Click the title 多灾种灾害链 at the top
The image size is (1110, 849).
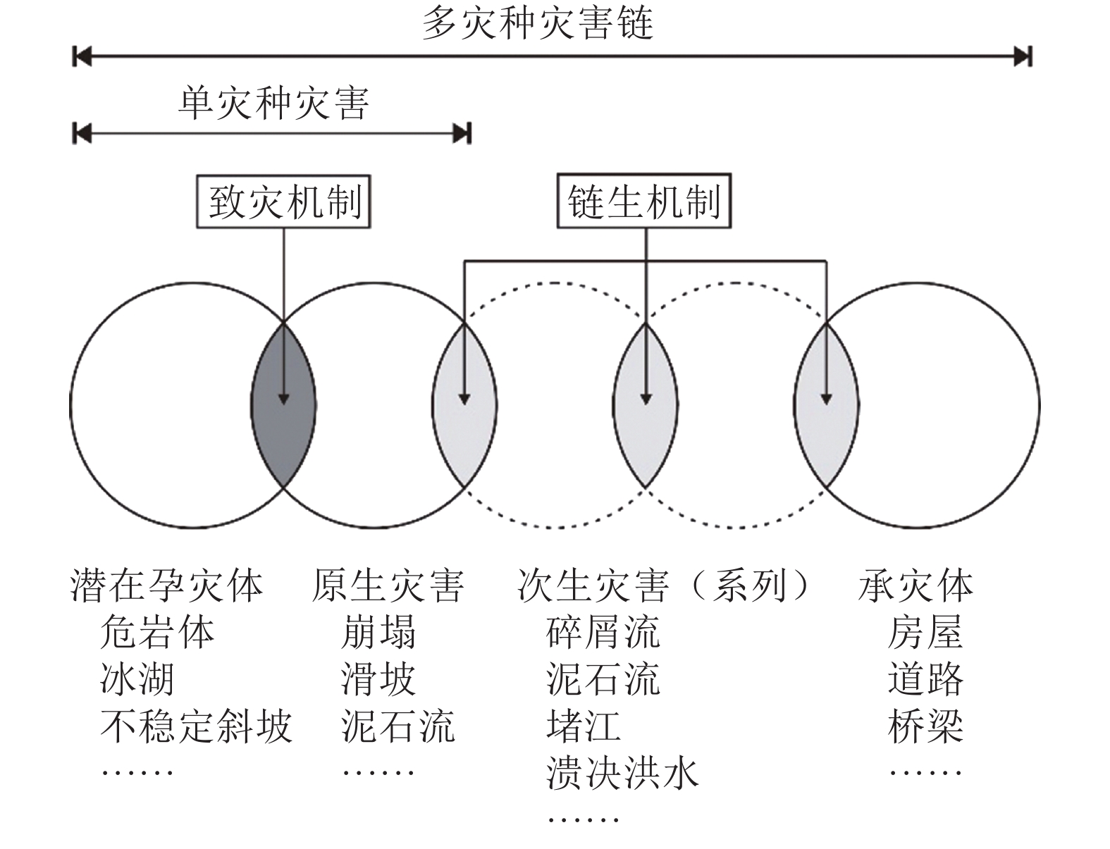tap(538, 23)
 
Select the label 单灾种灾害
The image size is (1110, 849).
tap(273, 104)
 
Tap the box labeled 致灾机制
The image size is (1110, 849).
tap(283, 202)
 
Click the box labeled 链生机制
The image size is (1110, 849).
tap(644, 202)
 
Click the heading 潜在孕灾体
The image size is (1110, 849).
tap(167, 585)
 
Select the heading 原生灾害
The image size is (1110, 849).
tap(388, 585)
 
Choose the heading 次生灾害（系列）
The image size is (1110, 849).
tap(664, 585)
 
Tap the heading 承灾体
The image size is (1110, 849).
tap(915, 585)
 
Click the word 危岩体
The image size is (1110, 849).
tap(157, 632)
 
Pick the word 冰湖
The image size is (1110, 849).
tap(137, 679)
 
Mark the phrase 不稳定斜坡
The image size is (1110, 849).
tap(196, 726)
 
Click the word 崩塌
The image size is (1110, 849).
tap(378, 632)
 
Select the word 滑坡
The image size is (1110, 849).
tap(378, 679)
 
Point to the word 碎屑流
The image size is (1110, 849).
tap(603, 632)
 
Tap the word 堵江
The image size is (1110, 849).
tap(584, 726)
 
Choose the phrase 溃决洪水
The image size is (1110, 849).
tap(622, 773)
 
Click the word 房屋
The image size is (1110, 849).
tap(925, 632)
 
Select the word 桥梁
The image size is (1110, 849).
tap(925, 726)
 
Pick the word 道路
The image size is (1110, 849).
tap(925, 679)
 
